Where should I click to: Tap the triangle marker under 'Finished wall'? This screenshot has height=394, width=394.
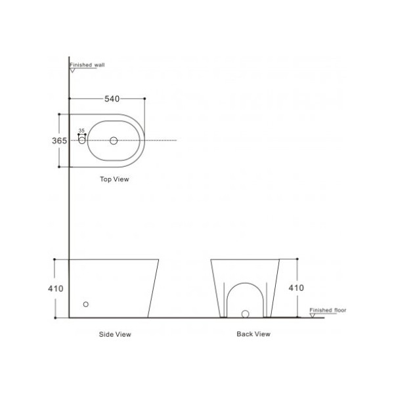73,70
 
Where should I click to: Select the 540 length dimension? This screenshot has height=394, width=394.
112,99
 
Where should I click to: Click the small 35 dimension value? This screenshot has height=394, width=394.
82,131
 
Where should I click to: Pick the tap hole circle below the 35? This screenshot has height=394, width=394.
82,141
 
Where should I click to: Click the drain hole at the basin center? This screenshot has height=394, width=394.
114,141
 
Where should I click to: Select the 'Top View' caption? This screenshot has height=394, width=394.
114,179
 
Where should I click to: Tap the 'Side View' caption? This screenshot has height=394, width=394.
115,334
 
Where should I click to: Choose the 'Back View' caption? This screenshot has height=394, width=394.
253,334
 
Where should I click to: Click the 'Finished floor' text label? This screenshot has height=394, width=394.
328,309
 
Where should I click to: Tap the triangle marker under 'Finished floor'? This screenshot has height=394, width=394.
313,315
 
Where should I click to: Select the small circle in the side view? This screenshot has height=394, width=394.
85,304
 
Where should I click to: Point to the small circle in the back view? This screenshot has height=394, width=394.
245,313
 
